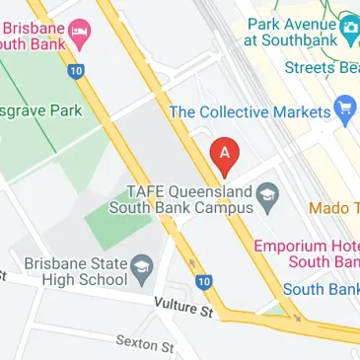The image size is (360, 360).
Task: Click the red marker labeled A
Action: pyautogui.click(x=226, y=154)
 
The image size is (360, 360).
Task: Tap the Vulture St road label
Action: pyautogui.click(x=183, y=309)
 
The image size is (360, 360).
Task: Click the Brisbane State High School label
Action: pyautogui.click(x=78, y=271)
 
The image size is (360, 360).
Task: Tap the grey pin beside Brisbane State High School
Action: pyautogui.click(x=142, y=267)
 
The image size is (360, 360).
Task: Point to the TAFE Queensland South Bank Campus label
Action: pyautogui.click(x=187, y=199)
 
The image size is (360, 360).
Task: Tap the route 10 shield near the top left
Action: pyautogui.click(x=75, y=71)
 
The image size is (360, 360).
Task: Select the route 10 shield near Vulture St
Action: pyautogui.click(x=203, y=282)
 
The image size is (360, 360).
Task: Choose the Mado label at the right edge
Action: pyautogui.click(x=333, y=208)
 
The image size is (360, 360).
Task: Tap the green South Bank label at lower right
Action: pyautogui.click(x=322, y=291)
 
